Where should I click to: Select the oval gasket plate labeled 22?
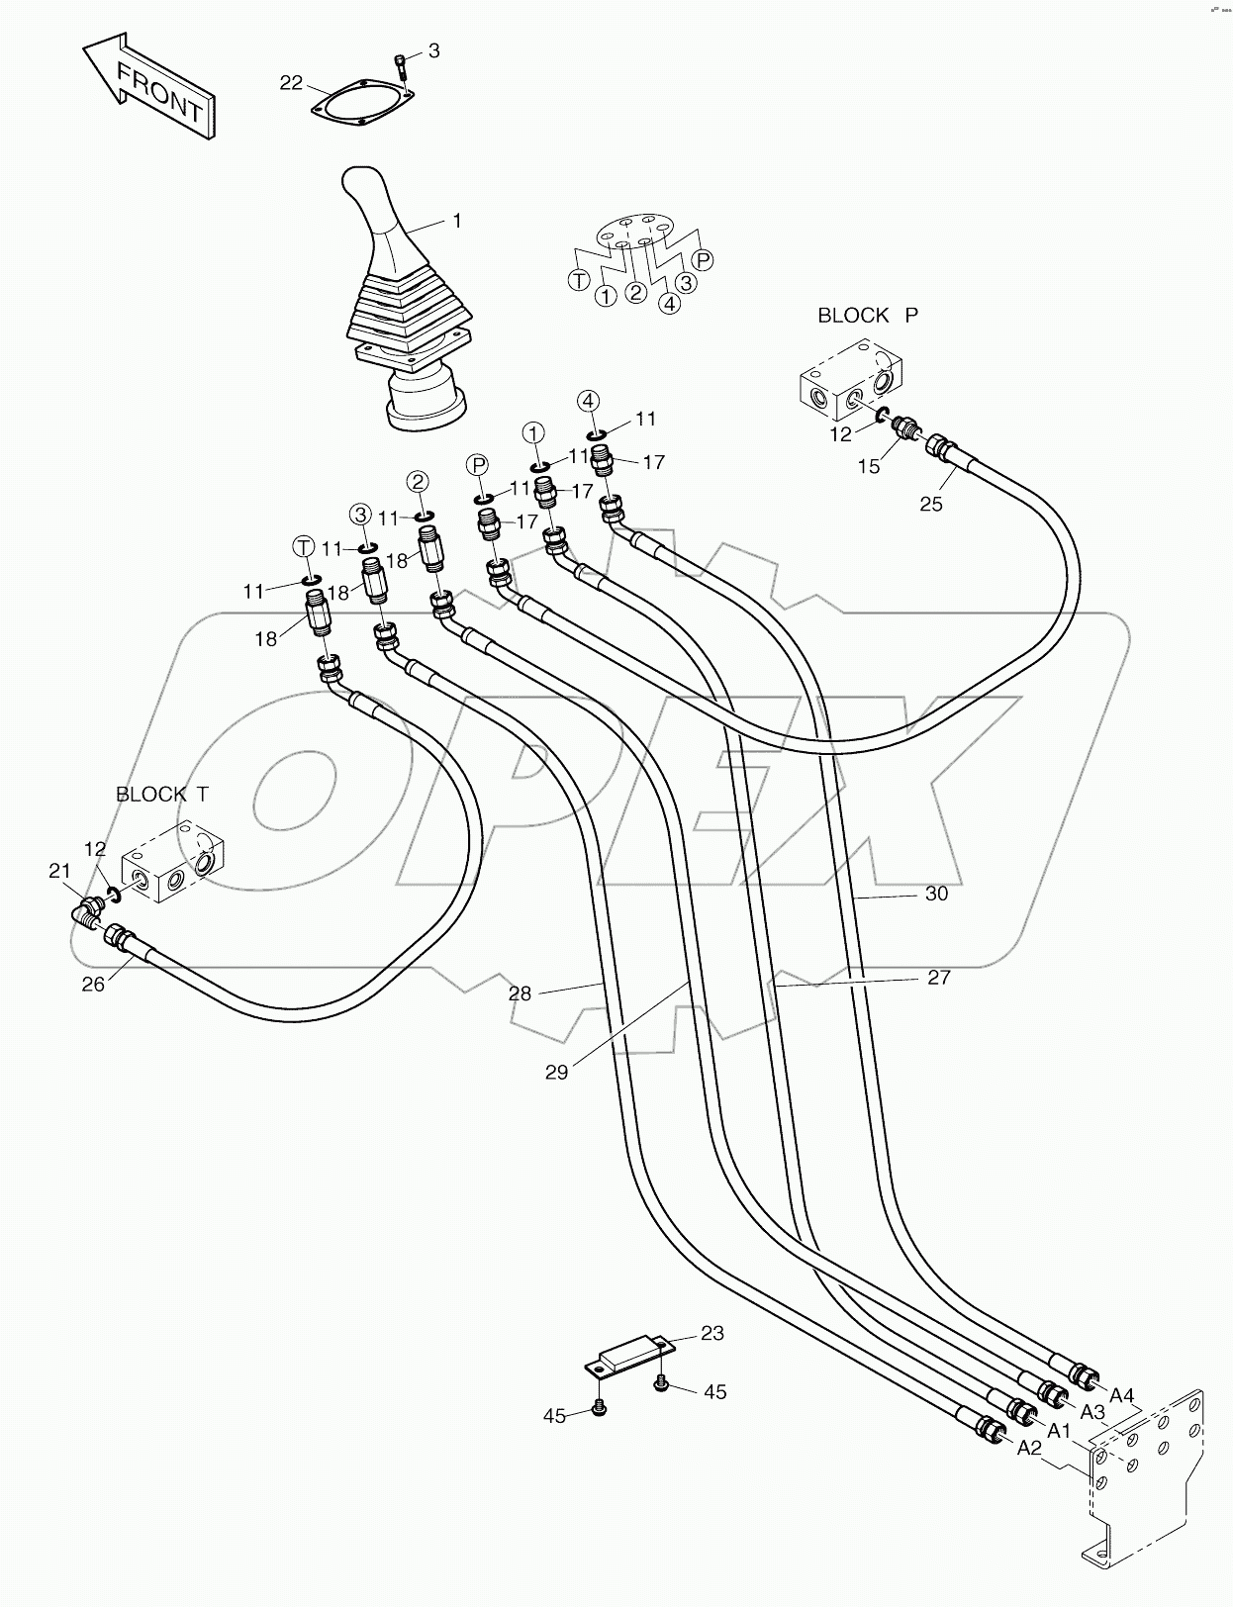tap(359, 104)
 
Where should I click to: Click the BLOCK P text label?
tap(867, 316)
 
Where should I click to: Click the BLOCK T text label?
tap(162, 794)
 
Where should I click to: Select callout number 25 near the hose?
tap(931, 504)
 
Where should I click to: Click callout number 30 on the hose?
tap(936, 894)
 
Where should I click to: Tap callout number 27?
tap(938, 978)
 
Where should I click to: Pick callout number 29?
tap(557, 1071)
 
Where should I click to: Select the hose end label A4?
tap(1121, 1395)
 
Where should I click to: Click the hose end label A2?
tap(1029, 1448)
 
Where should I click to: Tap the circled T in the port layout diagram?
tap(579, 280)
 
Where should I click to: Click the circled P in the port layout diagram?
tap(703, 260)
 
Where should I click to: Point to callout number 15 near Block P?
tap(869, 466)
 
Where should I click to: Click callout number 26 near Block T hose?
tap(92, 985)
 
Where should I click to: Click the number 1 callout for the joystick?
tap(456, 221)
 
